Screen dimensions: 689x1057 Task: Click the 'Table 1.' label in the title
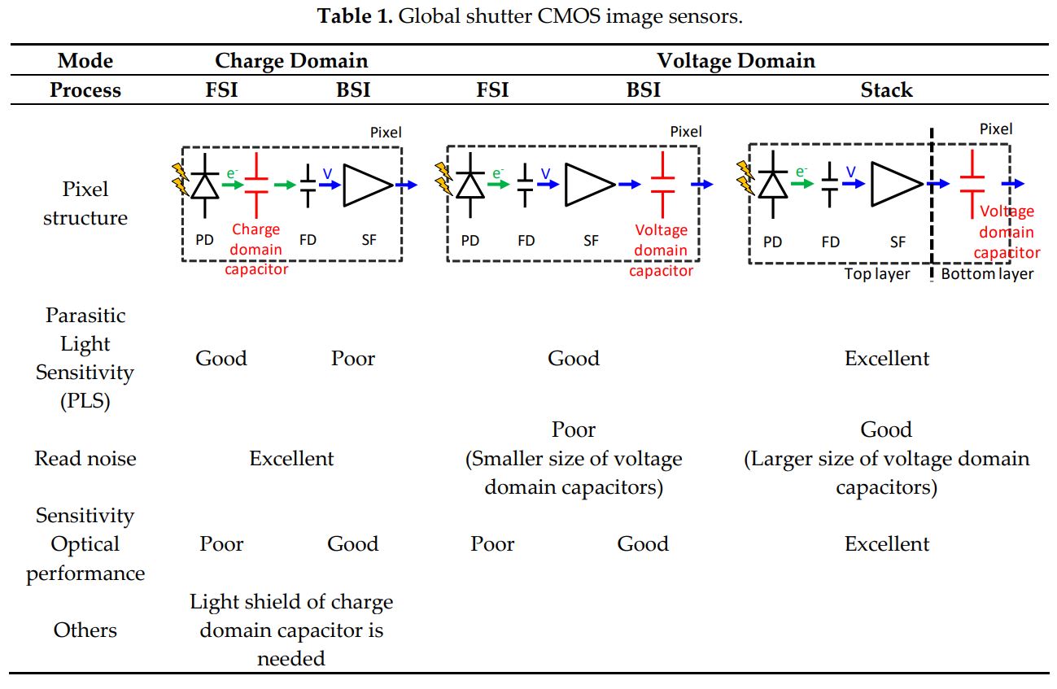click(x=353, y=17)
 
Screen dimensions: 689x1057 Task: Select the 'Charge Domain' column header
click(x=291, y=61)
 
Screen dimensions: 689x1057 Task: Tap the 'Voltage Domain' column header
click(x=736, y=61)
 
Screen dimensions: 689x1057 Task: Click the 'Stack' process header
click(x=886, y=90)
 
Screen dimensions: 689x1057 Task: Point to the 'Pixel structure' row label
click(x=85, y=203)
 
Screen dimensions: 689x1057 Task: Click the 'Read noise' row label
click(x=85, y=459)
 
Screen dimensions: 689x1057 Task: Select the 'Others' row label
click(x=85, y=630)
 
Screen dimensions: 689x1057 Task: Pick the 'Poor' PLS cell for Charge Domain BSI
click(x=352, y=359)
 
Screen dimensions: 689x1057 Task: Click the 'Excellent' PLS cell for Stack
click(x=886, y=359)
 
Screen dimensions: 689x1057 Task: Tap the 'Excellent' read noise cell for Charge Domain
click(x=291, y=459)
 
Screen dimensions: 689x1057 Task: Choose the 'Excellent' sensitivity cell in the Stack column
click(x=886, y=544)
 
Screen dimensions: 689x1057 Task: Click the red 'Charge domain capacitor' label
click(x=256, y=250)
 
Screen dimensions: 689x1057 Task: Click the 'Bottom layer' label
click(x=987, y=274)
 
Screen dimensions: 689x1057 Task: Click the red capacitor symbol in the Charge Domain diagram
click(x=257, y=185)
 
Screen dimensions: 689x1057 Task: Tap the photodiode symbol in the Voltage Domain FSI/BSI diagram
click(x=470, y=185)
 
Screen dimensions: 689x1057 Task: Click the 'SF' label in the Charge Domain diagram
click(x=369, y=240)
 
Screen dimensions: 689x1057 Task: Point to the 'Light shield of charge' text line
click(x=291, y=603)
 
